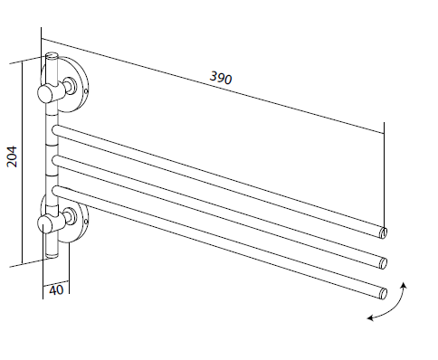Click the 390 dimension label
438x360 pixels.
point(221,78)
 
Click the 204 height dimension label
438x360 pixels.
point(12,156)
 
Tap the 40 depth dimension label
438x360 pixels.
point(56,290)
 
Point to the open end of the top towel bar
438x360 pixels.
point(383,232)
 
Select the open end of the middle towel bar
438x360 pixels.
point(383,263)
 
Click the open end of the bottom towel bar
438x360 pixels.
point(383,293)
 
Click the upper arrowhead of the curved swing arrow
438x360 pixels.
point(404,286)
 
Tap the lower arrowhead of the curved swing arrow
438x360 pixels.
point(370,317)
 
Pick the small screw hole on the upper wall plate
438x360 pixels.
point(86,90)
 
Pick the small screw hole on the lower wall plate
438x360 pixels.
point(86,222)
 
